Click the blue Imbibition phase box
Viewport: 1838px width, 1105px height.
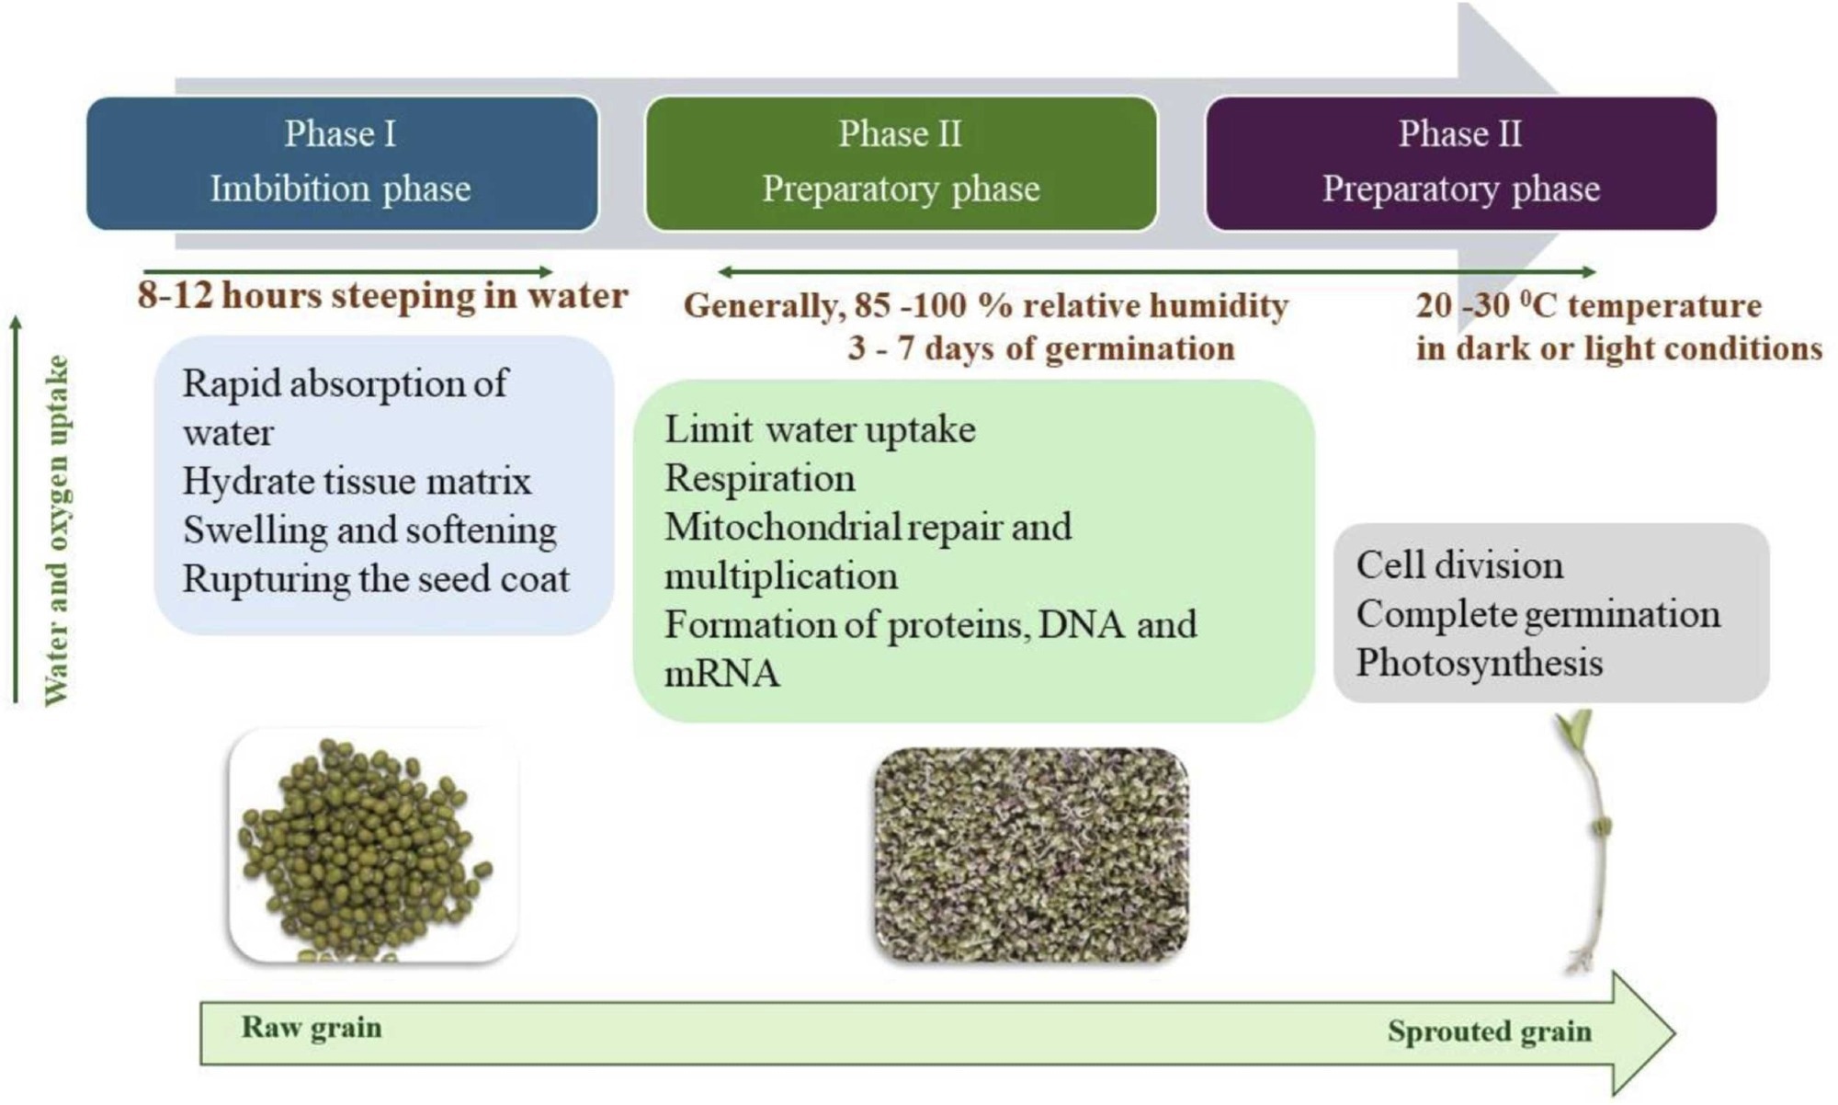[x=342, y=163]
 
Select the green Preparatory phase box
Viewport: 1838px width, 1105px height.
[x=901, y=163]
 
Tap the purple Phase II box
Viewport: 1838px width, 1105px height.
[x=1460, y=163]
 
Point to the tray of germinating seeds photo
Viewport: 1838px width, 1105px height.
[x=1030, y=855]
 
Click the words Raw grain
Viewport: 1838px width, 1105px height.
[x=312, y=1027]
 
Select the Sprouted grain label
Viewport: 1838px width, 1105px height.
[x=1489, y=1031]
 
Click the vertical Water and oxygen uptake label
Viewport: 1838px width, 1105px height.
[x=57, y=530]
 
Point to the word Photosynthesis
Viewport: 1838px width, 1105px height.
[x=1479, y=663]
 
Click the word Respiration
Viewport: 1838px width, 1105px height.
[x=759, y=478]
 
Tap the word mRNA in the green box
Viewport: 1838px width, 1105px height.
[x=721, y=674]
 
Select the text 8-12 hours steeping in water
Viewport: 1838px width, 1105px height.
[x=382, y=296]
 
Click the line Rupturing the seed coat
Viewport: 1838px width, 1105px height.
[x=376, y=579]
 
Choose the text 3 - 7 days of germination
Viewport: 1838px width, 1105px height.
[x=1040, y=348]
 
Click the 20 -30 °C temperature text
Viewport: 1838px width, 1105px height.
[x=1588, y=305]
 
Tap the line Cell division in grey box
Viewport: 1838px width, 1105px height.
[x=1459, y=565]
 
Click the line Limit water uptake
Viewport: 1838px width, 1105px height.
[x=820, y=429]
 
